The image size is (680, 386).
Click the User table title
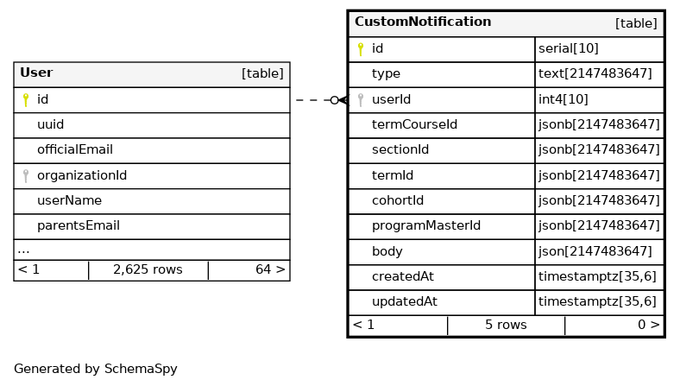coord(36,73)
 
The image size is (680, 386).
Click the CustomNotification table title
coord(423,22)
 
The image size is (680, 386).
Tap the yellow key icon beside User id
coord(26,100)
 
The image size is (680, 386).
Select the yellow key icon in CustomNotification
coord(361,49)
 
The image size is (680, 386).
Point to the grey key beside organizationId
coord(26,175)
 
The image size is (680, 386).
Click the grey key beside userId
coord(361,100)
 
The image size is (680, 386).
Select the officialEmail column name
coord(75,149)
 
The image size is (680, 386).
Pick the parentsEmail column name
coord(79,225)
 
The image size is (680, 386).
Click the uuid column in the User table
coord(50,124)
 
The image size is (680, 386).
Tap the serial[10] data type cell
coord(568,48)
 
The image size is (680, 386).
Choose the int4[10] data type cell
coord(563,99)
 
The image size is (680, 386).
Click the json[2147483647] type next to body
coord(595,251)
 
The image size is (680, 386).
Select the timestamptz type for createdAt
coord(597,276)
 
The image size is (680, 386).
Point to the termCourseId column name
coord(414,124)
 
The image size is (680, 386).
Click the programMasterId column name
coord(426,225)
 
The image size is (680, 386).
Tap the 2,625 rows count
coord(148,269)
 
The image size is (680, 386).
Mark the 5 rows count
coord(506,325)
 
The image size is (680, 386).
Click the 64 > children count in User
coord(270,269)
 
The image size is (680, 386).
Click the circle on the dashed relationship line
coord(334,100)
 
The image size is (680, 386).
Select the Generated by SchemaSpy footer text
coord(96,369)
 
